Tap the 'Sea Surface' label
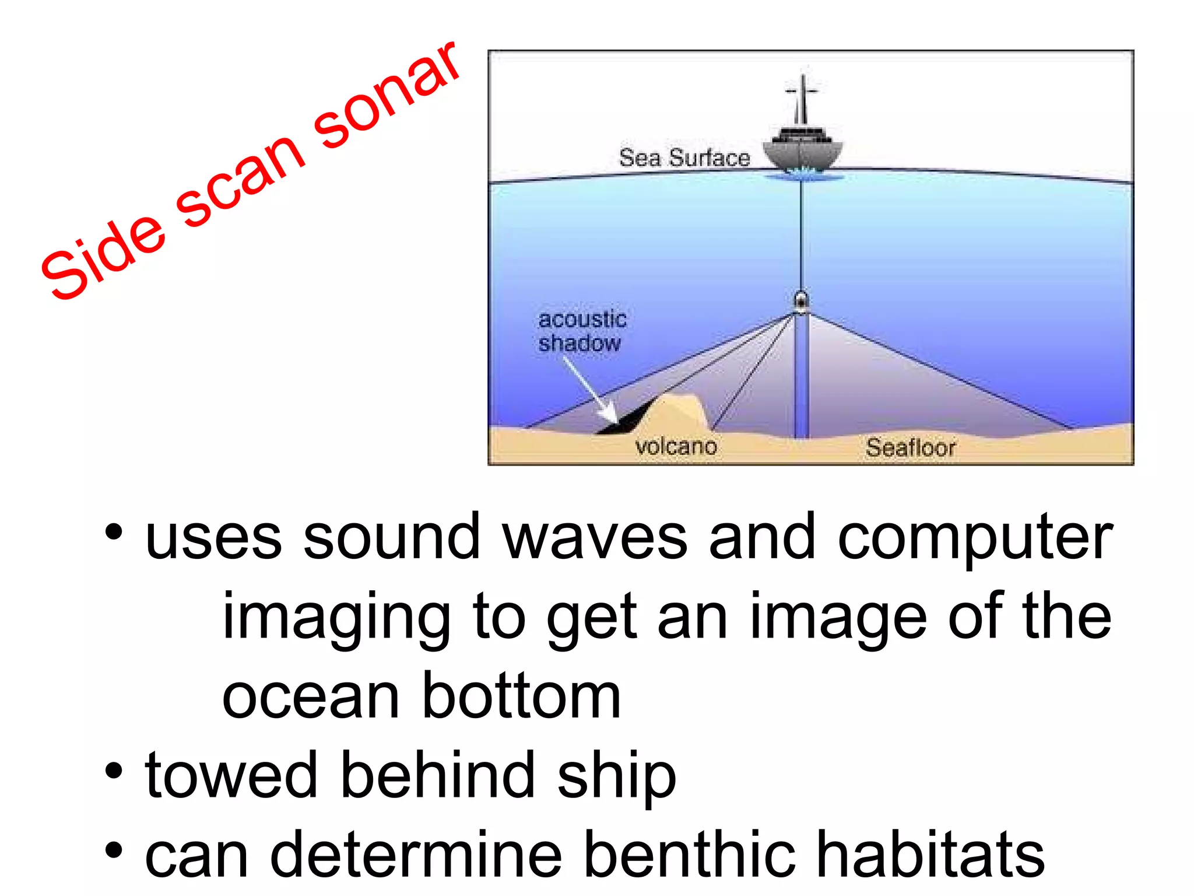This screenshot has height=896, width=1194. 684,158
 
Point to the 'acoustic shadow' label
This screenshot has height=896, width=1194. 582,331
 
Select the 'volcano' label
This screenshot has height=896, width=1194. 676,447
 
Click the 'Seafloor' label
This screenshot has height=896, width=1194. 910,448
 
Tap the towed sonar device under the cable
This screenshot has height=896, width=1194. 802,301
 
